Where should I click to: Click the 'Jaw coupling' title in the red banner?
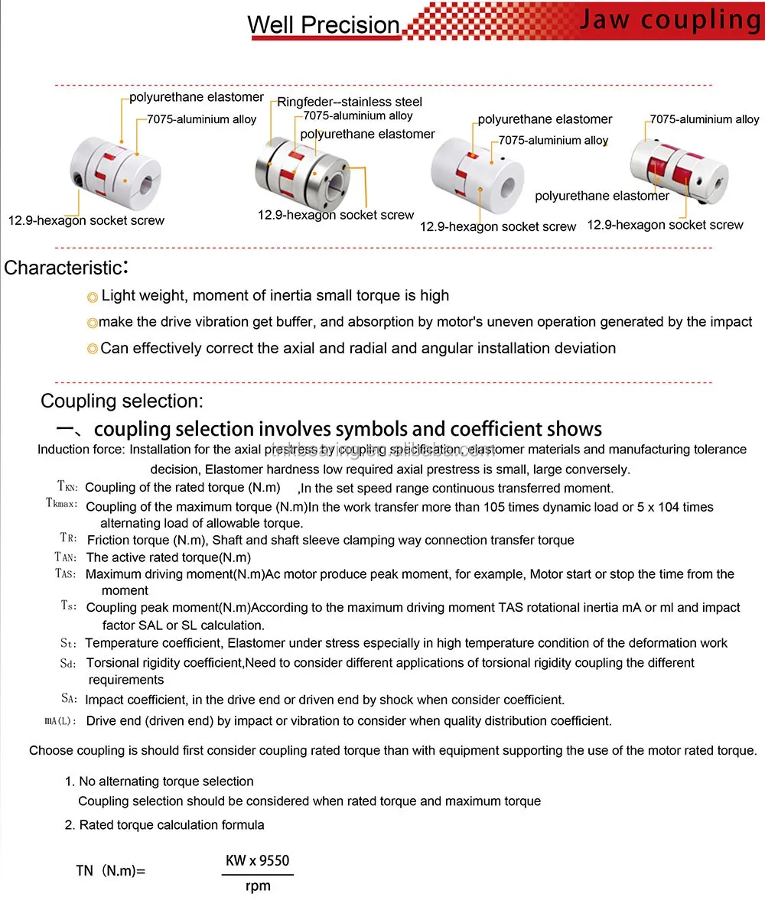pyautogui.click(x=669, y=21)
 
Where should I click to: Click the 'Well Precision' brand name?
pyautogui.click(x=324, y=24)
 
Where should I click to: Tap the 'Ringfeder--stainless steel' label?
pyautogui.click(x=350, y=102)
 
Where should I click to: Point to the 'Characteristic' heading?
pyautogui.click(x=64, y=268)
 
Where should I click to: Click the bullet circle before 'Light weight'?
pyautogui.click(x=93, y=297)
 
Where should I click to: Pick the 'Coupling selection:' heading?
pyautogui.click(x=122, y=401)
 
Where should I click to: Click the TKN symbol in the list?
pyautogui.click(x=67, y=487)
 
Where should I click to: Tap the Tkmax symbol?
pyautogui.click(x=61, y=505)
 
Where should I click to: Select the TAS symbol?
pyautogui.click(x=66, y=573)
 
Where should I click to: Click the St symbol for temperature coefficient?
pyautogui.click(x=68, y=643)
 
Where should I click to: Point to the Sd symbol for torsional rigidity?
pyautogui.click(x=68, y=663)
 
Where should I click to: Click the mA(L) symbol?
pyautogui.click(x=61, y=720)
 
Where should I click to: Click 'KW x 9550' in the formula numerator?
pyautogui.click(x=258, y=862)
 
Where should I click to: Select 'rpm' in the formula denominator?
pyautogui.click(x=258, y=887)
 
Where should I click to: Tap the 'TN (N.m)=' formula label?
pyautogui.click(x=110, y=870)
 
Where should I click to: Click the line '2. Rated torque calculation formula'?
pyautogui.click(x=164, y=825)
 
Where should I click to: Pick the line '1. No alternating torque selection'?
pyautogui.click(x=159, y=781)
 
